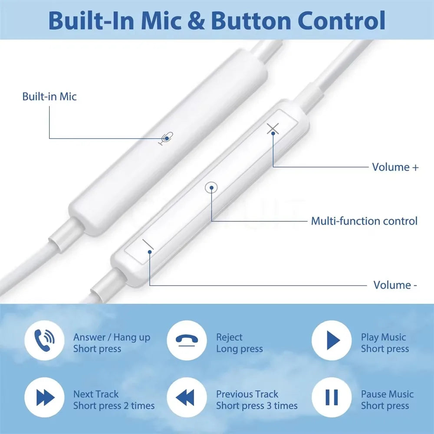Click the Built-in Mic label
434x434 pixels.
tap(49, 96)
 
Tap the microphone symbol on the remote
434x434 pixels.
tap(166, 138)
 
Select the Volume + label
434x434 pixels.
tap(395, 167)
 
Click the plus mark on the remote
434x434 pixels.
tap(273, 128)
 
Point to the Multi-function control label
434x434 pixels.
tap(364, 221)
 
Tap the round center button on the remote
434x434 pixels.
tap(211, 188)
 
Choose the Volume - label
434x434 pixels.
tap(395, 285)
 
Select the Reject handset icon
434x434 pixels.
tap(186, 339)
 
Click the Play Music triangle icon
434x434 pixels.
tap(332, 339)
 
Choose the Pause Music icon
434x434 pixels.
tap(332, 397)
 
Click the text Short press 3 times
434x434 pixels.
tap(257, 406)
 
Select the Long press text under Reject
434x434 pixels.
tap(239, 349)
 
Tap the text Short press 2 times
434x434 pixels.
tap(114, 406)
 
